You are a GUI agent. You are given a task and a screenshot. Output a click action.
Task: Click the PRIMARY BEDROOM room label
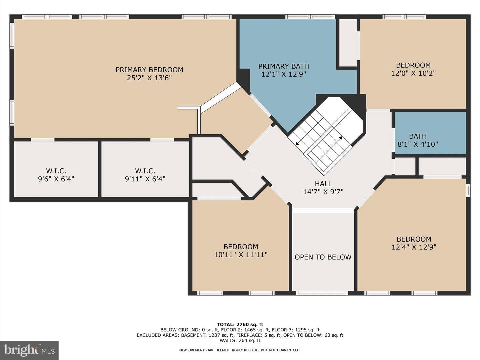coord(149,70)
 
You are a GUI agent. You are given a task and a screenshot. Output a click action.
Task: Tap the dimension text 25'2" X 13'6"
coord(149,78)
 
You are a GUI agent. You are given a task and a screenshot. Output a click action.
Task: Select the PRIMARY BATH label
coord(284,66)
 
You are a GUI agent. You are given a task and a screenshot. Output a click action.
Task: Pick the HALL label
coord(323,184)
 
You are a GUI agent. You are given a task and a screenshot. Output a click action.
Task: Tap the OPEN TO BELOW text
coord(323,257)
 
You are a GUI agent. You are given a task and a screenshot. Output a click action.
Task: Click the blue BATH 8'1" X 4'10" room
coord(430,133)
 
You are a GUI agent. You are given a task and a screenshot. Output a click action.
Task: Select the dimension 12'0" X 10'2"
coord(413,73)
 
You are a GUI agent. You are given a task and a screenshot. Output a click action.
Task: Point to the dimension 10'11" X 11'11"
coord(241,255)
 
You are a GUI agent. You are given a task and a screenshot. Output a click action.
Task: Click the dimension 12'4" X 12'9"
coord(414,247)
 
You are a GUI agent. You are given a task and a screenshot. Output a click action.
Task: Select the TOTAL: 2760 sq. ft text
coord(240,324)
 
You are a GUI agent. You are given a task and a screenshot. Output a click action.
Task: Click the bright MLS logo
coord(29,350)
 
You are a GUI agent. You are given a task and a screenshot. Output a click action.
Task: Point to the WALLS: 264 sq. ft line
coord(240,340)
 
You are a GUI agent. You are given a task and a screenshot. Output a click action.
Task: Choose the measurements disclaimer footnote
coord(240,350)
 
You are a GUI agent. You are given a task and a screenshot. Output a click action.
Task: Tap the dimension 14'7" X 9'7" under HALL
coord(323,192)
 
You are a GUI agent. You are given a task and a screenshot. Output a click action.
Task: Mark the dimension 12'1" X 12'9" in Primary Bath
coord(284,74)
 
